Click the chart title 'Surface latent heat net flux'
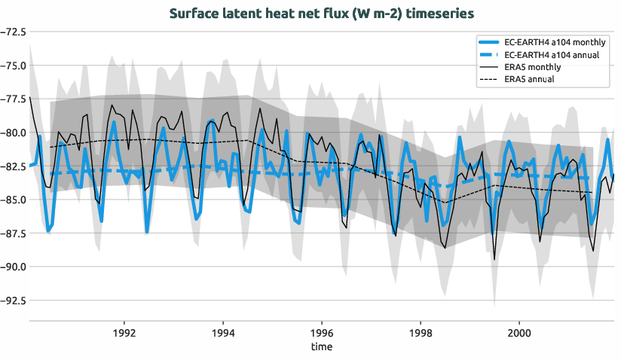click(x=322, y=14)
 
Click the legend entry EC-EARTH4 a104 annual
click(x=552, y=55)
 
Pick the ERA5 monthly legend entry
click(x=532, y=67)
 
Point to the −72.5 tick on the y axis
click(x=12, y=32)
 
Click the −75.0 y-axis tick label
click(x=12, y=66)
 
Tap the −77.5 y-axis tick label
click(x=12, y=99)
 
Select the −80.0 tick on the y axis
click(x=12, y=133)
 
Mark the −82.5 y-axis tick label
click(x=12, y=166)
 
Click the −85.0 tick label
click(x=12, y=200)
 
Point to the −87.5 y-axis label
click(x=12, y=233)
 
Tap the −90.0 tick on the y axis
click(x=12, y=267)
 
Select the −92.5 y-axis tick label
click(x=12, y=300)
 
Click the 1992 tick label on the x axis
click(x=124, y=332)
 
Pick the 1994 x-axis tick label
click(x=223, y=332)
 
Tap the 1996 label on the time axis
click(x=322, y=332)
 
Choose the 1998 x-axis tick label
click(x=421, y=332)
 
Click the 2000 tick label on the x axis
click(x=519, y=332)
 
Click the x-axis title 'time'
click(x=322, y=347)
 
